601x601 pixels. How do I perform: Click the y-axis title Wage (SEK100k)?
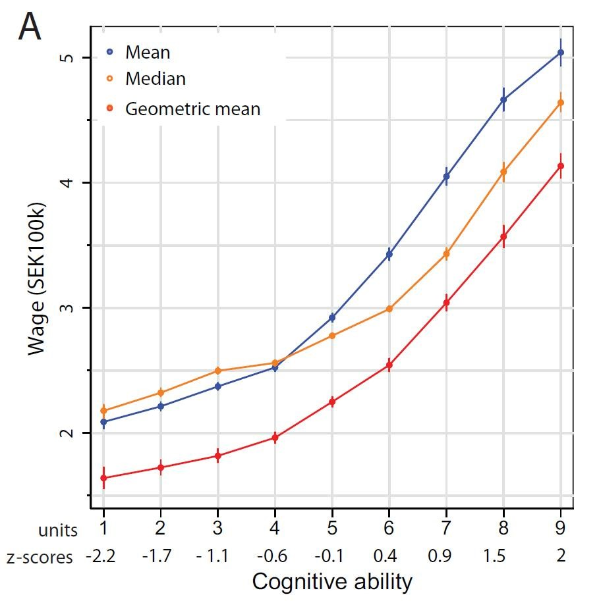pos(37,279)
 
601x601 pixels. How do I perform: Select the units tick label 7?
pos(446,530)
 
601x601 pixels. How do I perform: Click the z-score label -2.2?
pos(101,556)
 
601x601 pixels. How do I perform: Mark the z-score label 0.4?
pos(385,556)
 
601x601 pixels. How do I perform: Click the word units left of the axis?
pos(58,531)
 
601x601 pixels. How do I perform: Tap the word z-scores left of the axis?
pos(40,558)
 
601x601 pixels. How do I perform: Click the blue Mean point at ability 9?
pos(561,53)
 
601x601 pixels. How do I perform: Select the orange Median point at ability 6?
pos(389,309)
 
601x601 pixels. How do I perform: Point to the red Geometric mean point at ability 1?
pos(103,478)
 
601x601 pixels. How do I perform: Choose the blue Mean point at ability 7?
pos(446,176)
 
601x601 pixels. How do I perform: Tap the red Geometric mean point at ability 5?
pos(332,402)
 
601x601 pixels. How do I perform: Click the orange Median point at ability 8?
pos(503,172)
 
